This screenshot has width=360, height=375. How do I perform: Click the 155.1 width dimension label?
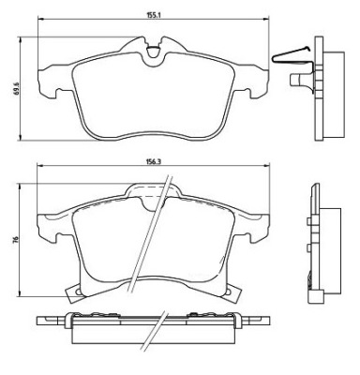coord(153,14)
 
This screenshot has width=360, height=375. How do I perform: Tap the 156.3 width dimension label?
coord(153,162)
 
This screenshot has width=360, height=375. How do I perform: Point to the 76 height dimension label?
coord(16,239)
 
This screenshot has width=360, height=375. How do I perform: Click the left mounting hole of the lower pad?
coord(78,292)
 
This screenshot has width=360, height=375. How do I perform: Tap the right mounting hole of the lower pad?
coord(229,292)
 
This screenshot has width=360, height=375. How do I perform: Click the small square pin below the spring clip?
coord(294,80)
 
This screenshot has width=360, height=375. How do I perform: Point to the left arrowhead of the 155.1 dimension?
coord(40,19)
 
